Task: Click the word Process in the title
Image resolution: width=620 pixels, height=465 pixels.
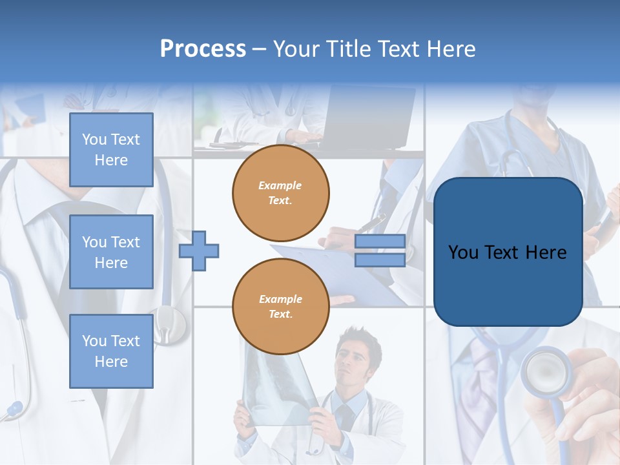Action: [203, 49]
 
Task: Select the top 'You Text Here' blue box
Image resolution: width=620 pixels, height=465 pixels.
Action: [111, 150]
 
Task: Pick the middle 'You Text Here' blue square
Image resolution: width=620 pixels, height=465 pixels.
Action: [111, 252]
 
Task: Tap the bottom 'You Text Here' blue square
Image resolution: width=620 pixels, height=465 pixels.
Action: [111, 351]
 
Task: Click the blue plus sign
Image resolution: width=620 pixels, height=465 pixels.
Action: [199, 251]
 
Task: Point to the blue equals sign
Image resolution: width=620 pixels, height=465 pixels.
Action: [380, 251]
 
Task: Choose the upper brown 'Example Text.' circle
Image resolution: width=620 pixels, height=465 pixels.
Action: [281, 193]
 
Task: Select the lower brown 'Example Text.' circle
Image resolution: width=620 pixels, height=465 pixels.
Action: [281, 307]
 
